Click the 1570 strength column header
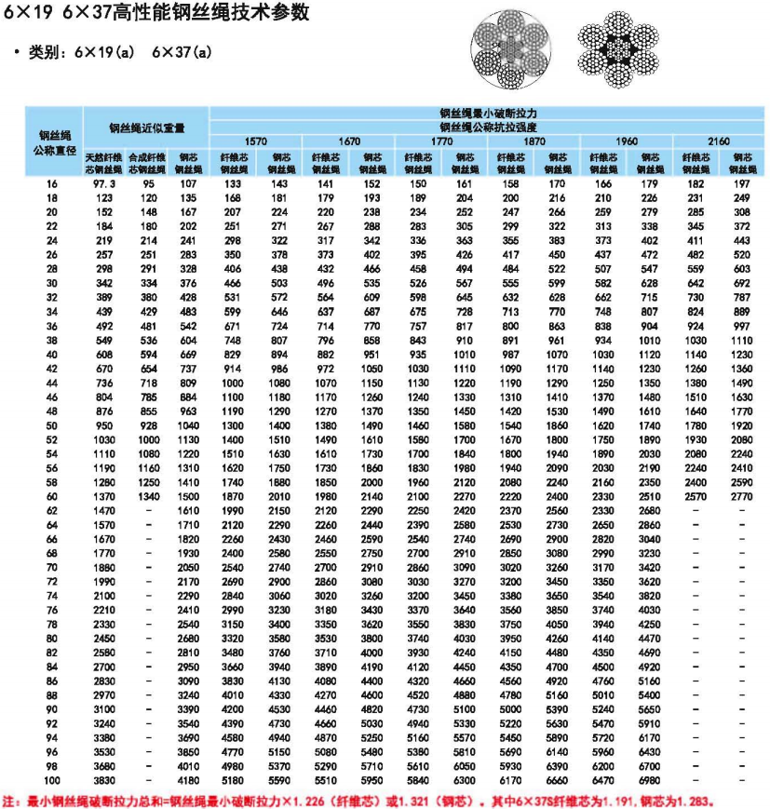256,141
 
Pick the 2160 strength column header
719,141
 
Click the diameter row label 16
51,184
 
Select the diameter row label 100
51,778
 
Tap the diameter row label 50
51,425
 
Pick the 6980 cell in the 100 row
650,778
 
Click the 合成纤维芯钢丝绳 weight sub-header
146,163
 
